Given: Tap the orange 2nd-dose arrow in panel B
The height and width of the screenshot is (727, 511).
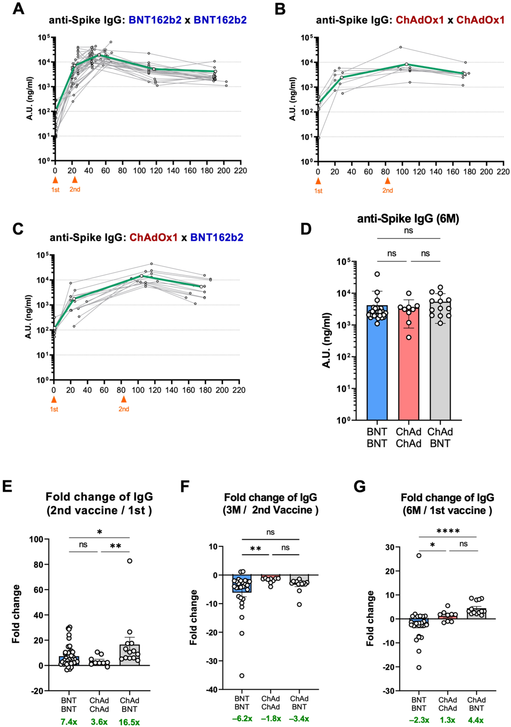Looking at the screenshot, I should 387,181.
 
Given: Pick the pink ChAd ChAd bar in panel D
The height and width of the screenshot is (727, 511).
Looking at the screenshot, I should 409,364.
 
